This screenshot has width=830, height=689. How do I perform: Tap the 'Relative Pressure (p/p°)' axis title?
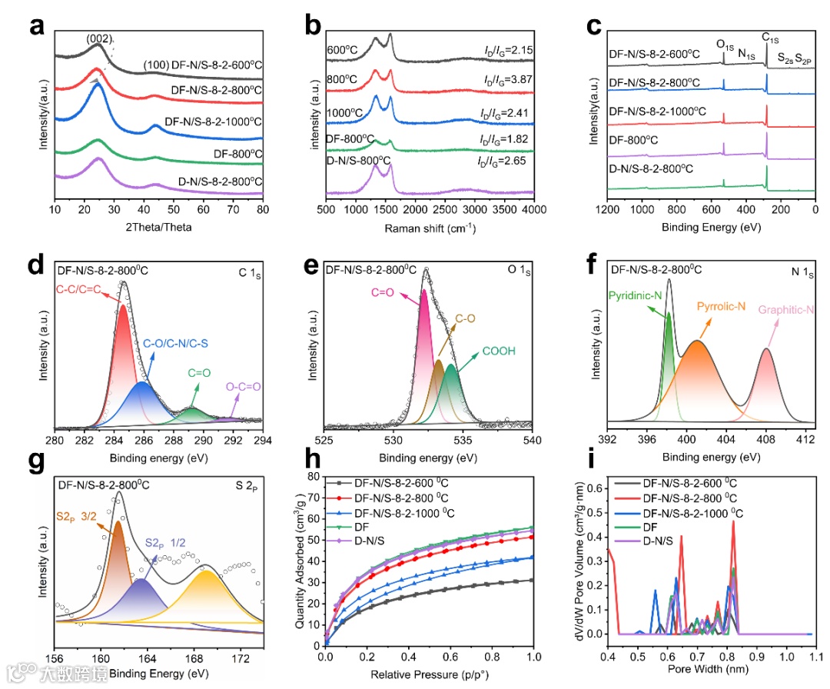pyautogui.click(x=430, y=674)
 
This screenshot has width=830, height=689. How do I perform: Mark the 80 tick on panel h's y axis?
pyautogui.click(x=314, y=477)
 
